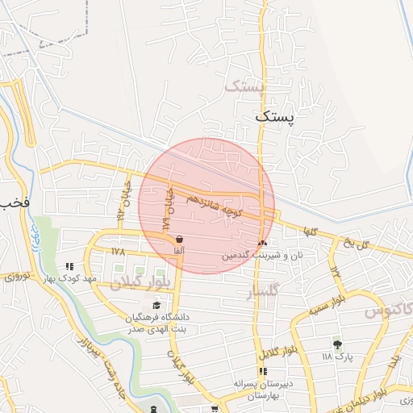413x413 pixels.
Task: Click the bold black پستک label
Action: click(275, 116)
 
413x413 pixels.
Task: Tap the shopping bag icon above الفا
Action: click(178, 239)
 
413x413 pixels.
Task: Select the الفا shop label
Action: click(178, 251)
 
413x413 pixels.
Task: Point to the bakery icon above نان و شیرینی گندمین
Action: click(261, 242)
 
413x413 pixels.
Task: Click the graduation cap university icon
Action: click(156, 305)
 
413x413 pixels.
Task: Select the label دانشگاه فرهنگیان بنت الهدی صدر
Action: click(156, 323)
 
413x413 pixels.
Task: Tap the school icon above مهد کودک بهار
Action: click(69, 265)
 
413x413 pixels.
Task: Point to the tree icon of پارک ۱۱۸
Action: click(337, 344)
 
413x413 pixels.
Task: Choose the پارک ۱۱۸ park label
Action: click(337, 356)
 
